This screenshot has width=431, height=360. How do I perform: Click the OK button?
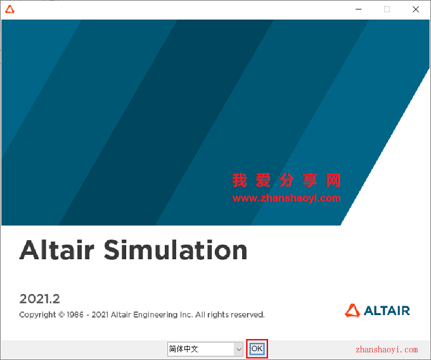pos(257,349)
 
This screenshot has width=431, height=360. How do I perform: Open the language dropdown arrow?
pos(238,349)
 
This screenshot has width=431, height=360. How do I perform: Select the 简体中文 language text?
pos(183,349)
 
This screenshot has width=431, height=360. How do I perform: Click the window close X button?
pos(416,10)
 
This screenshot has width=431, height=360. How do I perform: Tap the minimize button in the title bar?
pos(359,10)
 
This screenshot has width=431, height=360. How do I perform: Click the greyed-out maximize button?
pos(387,10)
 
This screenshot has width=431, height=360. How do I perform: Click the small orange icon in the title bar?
pos(10,10)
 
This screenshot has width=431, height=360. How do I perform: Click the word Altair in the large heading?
pos(57,250)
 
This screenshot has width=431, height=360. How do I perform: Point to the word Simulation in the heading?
pos(176,250)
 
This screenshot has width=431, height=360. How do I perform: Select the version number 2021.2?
pos(39,299)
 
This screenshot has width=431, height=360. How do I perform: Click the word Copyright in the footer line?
pos(37,315)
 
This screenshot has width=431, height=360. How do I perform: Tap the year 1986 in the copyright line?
pos(75,314)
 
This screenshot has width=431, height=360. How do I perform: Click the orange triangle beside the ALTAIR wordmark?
pos(352,311)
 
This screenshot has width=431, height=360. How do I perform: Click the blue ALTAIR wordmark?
pos(387,311)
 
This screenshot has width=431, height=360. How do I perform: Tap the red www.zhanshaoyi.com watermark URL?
pos(286,198)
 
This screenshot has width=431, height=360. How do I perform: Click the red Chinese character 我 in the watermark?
pos(240,181)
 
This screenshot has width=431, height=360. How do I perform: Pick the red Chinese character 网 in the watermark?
pos(333,181)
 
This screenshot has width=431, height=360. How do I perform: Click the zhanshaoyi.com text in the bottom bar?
pos(387,350)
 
